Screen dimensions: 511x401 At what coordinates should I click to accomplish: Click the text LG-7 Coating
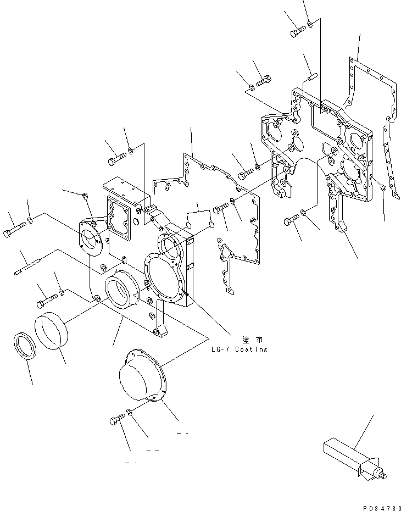point(239,349)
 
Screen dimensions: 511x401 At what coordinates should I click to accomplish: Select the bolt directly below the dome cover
point(117,420)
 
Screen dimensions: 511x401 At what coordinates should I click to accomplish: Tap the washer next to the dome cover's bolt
point(129,412)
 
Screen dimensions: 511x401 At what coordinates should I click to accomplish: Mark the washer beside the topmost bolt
point(310,24)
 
